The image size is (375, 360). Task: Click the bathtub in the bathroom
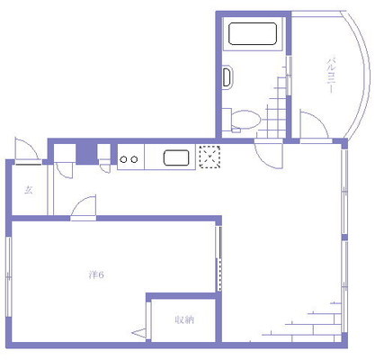[253, 33]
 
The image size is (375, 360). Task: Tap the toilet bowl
[246, 120]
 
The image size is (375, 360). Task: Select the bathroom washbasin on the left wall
[228, 76]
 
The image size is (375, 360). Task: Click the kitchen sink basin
[176, 157]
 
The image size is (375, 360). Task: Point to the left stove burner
[123, 159]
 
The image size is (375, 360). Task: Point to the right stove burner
[134, 159]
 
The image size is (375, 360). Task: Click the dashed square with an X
[210, 157]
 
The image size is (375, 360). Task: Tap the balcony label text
[331, 76]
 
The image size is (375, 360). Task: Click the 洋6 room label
[96, 274]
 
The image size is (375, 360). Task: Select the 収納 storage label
[184, 319]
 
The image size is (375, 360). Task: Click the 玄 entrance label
[29, 190]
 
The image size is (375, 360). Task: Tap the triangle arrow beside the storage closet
[138, 333]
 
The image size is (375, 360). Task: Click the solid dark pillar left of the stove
[86, 154]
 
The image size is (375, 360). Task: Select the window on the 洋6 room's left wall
[8, 276]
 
